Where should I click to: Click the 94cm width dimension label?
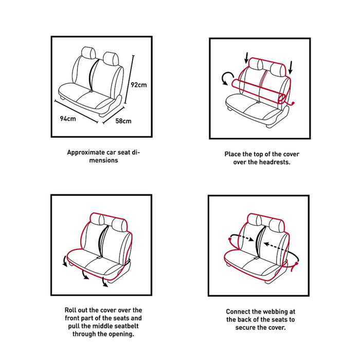68,118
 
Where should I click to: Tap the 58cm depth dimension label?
123,121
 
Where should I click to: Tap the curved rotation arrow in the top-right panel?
226,79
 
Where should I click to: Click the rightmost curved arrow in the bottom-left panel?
105,281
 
